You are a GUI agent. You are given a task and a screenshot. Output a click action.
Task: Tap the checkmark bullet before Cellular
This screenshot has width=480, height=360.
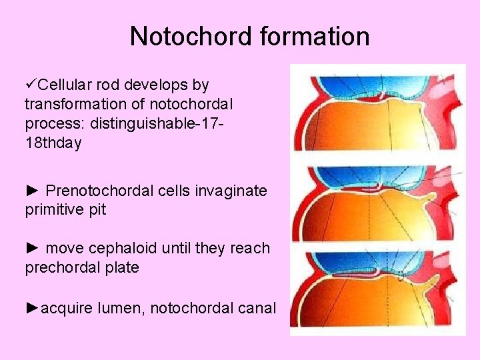(x=30, y=85)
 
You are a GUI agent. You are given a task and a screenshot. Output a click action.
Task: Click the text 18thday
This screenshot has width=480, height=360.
(x=53, y=143)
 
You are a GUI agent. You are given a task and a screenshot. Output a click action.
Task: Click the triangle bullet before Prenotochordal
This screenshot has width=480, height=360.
(x=32, y=191)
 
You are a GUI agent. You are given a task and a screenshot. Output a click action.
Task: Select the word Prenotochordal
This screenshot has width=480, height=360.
(x=99, y=191)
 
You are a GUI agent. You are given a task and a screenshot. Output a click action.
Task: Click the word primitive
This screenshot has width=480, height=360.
(x=54, y=211)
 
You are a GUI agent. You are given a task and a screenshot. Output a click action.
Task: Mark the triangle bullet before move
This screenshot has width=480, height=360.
(x=32, y=249)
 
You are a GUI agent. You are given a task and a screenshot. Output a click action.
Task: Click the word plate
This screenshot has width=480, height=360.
(x=120, y=268)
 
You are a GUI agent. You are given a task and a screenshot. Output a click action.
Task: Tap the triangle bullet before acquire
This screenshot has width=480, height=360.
(x=32, y=308)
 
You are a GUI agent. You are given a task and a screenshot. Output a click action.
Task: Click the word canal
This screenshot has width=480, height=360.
(x=259, y=308)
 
